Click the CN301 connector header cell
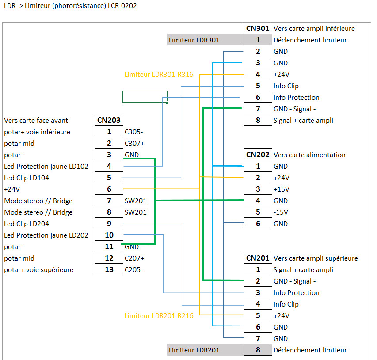[258, 28]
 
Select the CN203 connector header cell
[109, 120]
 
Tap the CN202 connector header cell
[258, 155]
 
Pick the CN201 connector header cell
[258, 258]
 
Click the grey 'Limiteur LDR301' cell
[205, 40]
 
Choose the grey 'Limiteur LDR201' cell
[205, 350]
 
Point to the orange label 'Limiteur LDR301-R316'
[159, 75]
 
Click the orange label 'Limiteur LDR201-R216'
[159, 316]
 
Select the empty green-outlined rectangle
[145, 97]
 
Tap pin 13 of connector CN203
[109, 269]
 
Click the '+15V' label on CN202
[282, 189]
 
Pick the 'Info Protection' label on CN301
[296, 97]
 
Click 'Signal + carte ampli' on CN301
[303, 120]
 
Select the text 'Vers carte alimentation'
[309, 155]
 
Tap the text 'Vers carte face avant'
[36, 120]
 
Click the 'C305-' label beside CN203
[134, 132]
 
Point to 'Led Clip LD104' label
[27, 178]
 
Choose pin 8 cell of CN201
[258, 350]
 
